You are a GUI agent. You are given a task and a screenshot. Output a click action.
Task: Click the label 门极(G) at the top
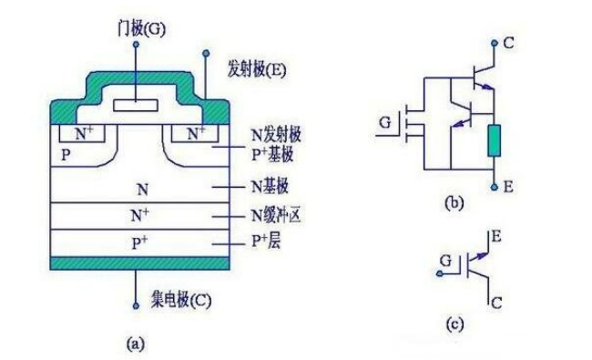(137, 30)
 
